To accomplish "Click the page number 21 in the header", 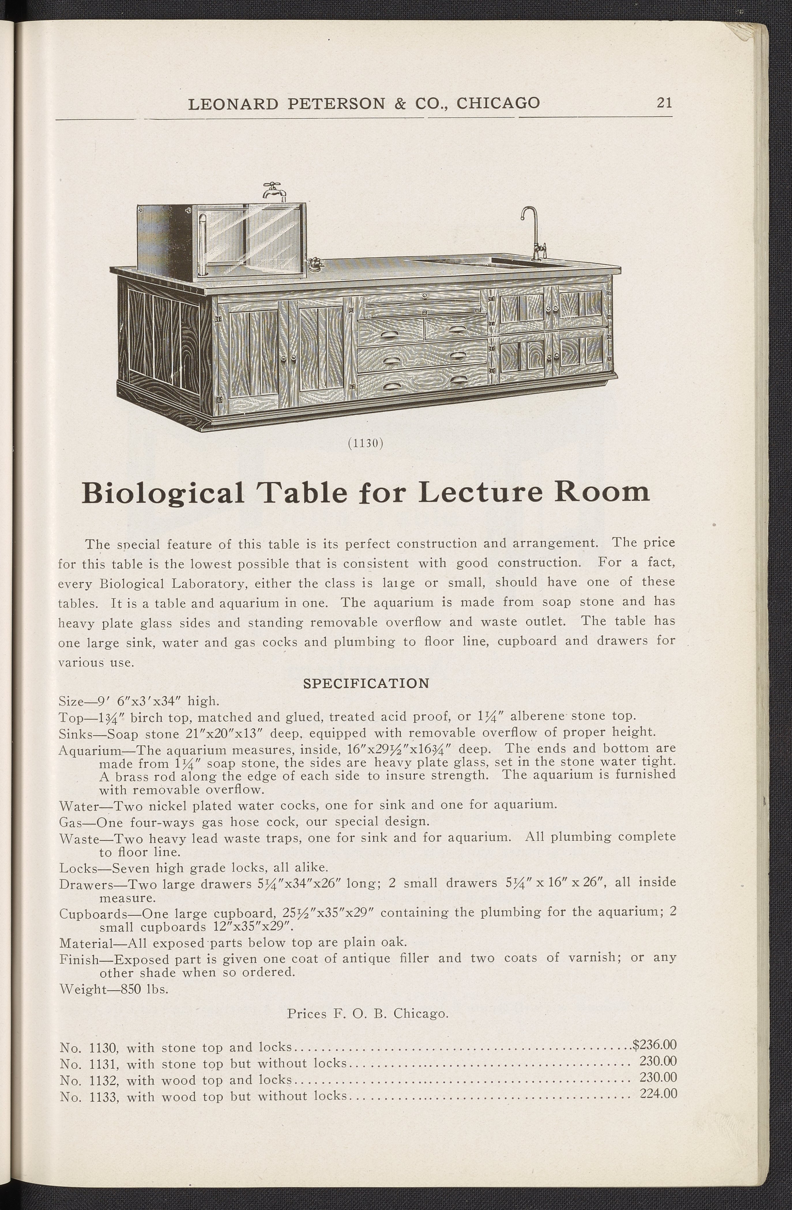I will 664,103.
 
